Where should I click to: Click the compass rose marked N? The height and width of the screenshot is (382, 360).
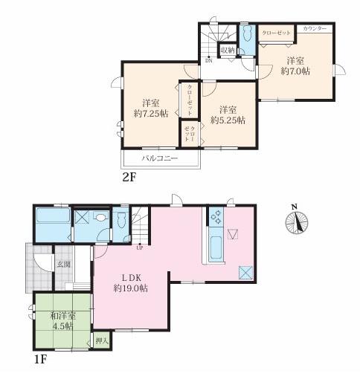tap(297, 221)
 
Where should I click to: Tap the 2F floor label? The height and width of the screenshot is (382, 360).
tap(129, 178)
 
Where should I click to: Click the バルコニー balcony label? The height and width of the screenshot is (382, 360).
tap(160, 158)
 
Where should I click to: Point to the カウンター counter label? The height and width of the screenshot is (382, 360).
tap(315, 28)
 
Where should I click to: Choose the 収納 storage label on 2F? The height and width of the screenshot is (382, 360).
tap(228, 50)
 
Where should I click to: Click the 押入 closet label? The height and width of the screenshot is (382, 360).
tap(102, 341)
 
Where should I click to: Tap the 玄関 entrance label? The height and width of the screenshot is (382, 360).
tap(64, 265)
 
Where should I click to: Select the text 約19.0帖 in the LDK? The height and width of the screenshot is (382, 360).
tap(131, 288)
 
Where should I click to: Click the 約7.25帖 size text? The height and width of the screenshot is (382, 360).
tap(151, 114)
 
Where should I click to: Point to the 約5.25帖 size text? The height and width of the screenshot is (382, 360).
tap(228, 120)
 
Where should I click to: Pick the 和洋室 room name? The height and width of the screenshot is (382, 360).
tap(63, 316)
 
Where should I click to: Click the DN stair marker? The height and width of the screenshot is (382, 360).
tap(209, 60)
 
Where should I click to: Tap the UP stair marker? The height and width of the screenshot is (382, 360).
tap(140, 247)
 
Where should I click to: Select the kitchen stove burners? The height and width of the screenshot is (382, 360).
tap(216, 217)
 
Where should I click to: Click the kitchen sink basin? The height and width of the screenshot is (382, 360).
tap(216, 247)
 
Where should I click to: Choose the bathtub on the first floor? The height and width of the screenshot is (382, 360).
tap(53, 215)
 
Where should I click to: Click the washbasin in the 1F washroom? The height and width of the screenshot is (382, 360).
tap(100, 218)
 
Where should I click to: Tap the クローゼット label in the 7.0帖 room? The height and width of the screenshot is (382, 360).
tap(276, 33)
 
